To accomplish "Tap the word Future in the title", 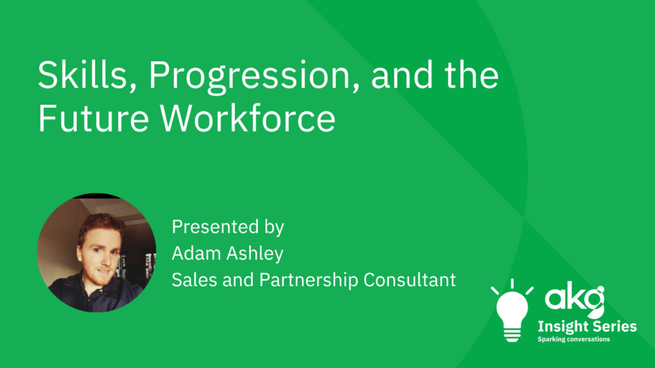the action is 93,118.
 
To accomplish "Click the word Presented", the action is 216,227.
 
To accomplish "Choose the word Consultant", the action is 409,280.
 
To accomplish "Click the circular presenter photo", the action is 97,253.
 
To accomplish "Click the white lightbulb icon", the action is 512,310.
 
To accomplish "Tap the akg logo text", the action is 574,298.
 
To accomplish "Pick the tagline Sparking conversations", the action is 574,339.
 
